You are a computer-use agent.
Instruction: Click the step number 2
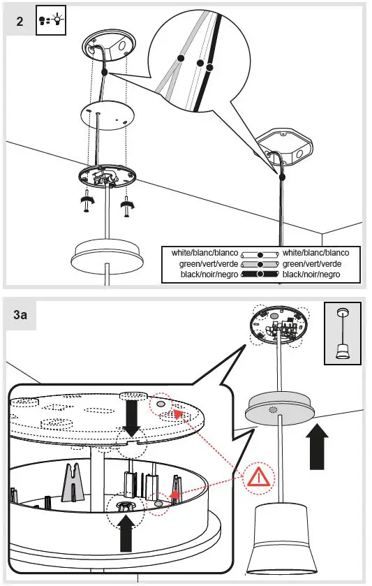point(20,21)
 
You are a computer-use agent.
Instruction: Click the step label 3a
point(20,314)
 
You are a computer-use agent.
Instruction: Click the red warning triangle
point(258,478)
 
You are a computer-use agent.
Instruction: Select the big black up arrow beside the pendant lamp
point(317,446)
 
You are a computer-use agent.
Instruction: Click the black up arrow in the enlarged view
point(126,533)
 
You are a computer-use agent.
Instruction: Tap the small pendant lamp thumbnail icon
point(342,333)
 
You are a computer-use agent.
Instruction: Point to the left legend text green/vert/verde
point(209,264)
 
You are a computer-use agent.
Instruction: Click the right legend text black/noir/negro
point(311,274)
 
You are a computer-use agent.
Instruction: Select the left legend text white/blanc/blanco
point(204,253)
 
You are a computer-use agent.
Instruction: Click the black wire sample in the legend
point(260,274)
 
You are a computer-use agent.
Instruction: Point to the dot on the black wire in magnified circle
point(209,68)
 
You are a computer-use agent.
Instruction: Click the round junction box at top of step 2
point(109,47)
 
